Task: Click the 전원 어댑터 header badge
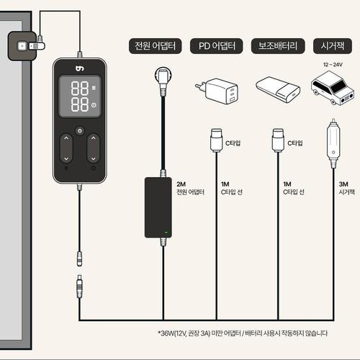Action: pos(155,46)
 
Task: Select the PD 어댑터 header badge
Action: pos(217,46)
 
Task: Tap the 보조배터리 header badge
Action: pos(278,46)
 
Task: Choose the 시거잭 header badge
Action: pos(333,46)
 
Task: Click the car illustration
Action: pos(333,89)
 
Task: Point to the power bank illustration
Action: pos(278,89)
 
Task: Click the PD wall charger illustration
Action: pos(217,91)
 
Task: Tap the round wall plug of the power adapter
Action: pos(163,76)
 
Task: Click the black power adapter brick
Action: pos(158,207)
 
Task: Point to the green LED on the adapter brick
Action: pos(166,233)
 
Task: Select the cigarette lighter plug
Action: pos(333,143)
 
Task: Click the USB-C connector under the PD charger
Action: pos(216,140)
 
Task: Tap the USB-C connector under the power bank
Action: pos(278,140)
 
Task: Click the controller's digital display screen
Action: pos(80,96)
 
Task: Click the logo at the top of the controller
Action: pos(80,68)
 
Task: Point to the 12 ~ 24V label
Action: pos(333,65)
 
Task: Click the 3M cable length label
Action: pos(343,184)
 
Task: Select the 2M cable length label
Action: pos(181,184)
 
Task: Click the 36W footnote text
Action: pos(243,333)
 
